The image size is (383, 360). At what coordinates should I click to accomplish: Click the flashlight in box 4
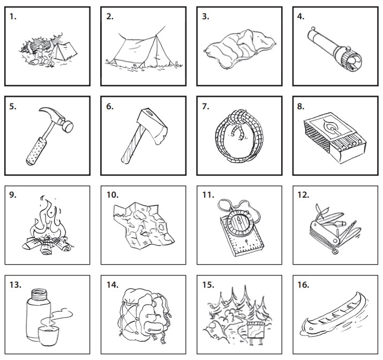click(335, 49)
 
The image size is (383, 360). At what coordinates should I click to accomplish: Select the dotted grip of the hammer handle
click(36, 151)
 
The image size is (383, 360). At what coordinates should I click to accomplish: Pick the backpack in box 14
click(144, 316)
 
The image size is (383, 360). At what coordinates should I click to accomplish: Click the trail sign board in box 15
click(256, 329)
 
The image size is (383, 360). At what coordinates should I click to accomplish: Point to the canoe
click(334, 315)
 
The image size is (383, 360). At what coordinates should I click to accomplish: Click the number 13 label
click(15, 285)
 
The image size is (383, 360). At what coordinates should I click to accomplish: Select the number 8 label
click(301, 107)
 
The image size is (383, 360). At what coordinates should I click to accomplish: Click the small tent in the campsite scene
click(65, 51)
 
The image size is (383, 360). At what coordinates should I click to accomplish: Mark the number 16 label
click(303, 285)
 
